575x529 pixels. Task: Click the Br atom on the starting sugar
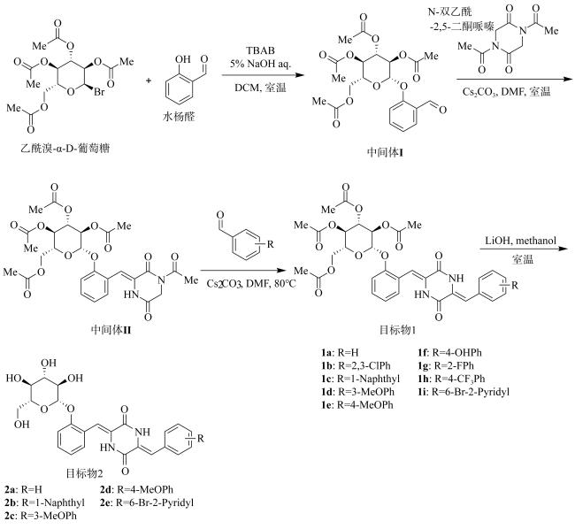99,91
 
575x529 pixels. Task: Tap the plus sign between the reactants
149,80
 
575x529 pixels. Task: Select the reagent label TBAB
260,50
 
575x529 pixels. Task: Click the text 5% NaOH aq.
260,64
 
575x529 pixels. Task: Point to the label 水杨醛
179,117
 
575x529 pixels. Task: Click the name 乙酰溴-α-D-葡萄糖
65,148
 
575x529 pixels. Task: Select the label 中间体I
385,152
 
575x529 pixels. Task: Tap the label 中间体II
111,330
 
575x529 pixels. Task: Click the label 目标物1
397,330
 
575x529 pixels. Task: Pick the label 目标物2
84,473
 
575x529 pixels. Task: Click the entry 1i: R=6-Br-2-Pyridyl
464,392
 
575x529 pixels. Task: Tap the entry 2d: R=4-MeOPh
136,489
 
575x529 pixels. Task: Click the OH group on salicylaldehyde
183,59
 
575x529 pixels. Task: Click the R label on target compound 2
200,438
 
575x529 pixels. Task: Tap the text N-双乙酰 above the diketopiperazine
449,11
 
